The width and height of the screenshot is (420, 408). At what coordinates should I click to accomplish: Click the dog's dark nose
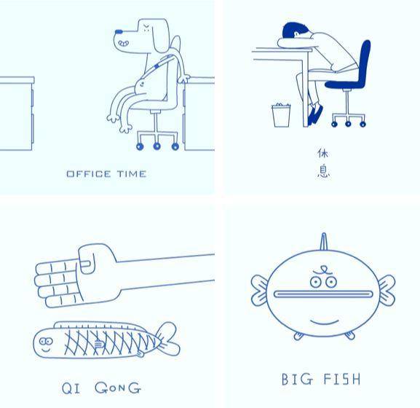(119, 31)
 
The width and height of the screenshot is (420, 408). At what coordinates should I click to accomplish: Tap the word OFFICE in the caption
(89, 174)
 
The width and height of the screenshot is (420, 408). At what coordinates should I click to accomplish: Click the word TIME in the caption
(132, 174)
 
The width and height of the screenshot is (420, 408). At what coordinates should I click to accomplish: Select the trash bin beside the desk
(281, 115)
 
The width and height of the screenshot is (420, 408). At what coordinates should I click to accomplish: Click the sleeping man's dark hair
(293, 31)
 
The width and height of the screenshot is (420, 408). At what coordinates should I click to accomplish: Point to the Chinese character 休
(323, 153)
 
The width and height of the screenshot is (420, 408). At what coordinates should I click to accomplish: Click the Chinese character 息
(324, 170)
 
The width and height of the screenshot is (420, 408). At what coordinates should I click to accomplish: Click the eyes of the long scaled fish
(46, 341)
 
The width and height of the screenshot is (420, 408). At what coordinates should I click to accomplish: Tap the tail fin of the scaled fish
(168, 339)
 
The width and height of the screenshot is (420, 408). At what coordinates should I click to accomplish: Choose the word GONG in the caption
(118, 388)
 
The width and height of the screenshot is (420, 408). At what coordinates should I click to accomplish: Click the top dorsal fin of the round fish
(324, 242)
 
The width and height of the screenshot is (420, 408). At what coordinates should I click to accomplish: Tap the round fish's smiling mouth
(325, 322)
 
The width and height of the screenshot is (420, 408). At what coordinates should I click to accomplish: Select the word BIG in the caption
(297, 380)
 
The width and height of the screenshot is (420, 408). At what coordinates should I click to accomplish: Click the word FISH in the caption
(342, 380)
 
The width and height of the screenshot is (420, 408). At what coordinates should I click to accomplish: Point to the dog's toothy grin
(124, 43)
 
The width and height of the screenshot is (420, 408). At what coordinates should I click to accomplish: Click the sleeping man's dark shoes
(315, 114)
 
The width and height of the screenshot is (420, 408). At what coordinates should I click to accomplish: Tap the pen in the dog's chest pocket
(163, 61)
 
